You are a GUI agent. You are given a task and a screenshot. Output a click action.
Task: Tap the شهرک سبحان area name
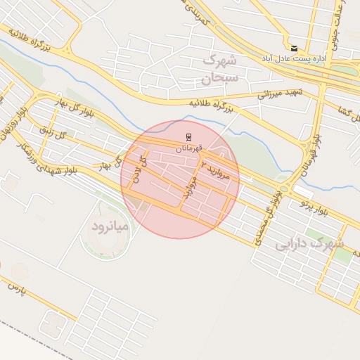click(221, 69)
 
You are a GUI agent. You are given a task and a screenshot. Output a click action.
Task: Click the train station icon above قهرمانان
click(188, 136)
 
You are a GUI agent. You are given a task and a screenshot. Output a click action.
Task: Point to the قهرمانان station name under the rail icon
click(188, 148)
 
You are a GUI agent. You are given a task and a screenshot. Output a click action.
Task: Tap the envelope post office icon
click(294, 48)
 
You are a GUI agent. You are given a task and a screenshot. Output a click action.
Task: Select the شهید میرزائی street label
click(278, 93)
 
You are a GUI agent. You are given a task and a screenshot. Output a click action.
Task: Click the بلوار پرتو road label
click(312, 206)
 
